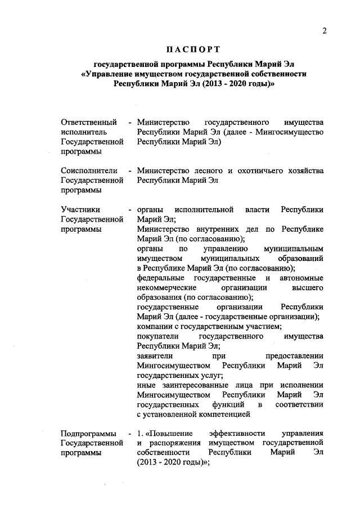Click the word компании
click(x=154, y=327)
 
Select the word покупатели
click(x=157, y=336)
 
